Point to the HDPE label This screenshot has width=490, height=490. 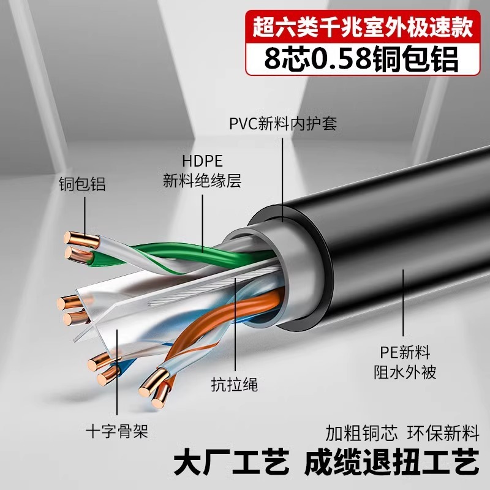click(x=202, y=161)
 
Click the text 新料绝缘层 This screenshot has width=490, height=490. click(x=202, y=181)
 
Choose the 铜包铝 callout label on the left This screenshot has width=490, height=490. click(x=81, y=184)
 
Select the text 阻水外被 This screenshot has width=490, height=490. click(x=405, y=372)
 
